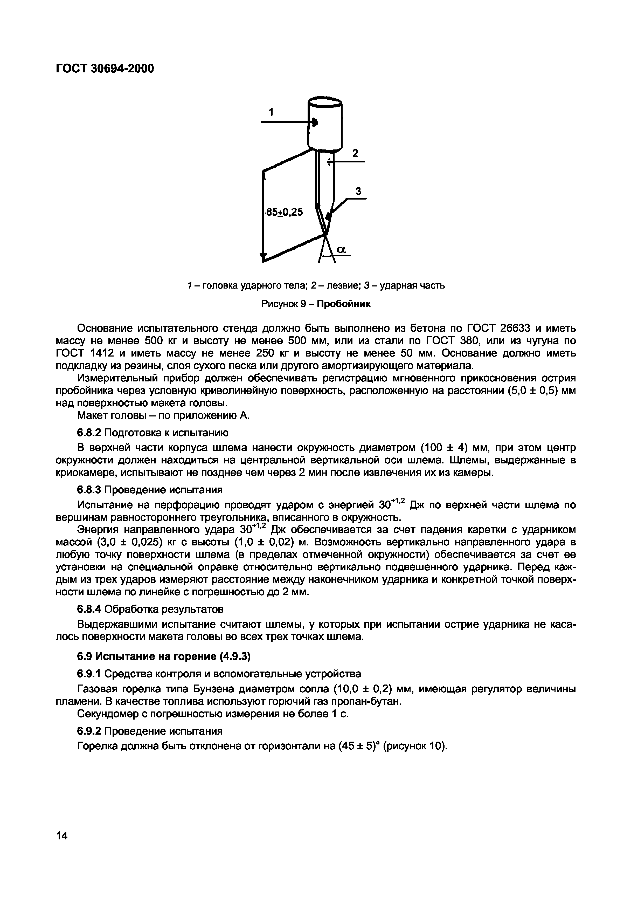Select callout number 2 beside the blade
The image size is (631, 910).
355,153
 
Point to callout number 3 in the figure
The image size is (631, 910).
358,191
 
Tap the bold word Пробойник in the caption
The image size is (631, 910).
344,304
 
